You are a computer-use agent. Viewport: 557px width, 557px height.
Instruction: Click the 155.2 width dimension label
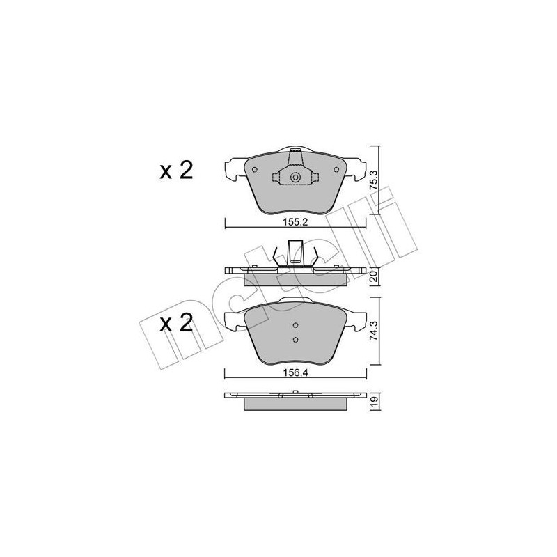pos(295,225)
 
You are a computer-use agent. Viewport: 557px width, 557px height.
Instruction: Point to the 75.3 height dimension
pos(374,180)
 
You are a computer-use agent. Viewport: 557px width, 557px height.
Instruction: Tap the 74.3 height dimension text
pos(374,327)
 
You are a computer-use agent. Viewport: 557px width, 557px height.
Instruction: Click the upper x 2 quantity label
pos(175,171)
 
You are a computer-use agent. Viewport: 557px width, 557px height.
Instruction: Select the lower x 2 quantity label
pos(175,324)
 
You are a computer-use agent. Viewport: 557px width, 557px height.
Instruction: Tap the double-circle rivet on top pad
pos(295,178)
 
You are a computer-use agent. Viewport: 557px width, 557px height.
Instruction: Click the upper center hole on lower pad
pos(295,326)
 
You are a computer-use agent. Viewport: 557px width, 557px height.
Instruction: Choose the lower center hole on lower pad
pos(295,340)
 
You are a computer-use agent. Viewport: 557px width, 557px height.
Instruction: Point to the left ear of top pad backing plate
pos(233,168)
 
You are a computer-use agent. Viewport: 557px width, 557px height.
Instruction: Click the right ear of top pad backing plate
pos(358,168)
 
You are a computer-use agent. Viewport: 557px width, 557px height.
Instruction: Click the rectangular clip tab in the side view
pos(295,251)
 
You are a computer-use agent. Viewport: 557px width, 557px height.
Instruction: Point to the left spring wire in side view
pos(278,255)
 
